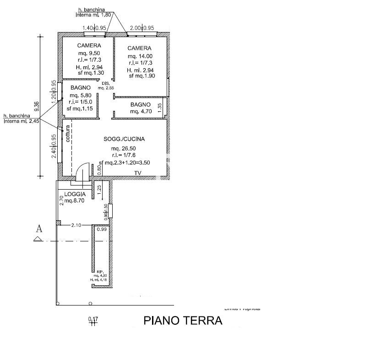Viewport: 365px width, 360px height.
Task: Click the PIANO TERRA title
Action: click(183, 320)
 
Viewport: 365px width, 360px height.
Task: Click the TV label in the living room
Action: click(137, 173)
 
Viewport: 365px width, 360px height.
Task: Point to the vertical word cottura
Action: click(68, 133)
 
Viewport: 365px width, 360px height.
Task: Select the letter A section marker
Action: click(39, 229)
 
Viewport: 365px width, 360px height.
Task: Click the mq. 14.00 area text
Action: click(140, 56)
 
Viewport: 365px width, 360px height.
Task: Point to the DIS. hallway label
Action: click(105, 83)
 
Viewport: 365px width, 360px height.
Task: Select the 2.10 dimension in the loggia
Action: click(76, 224)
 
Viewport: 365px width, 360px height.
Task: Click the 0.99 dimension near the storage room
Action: click(102, 229)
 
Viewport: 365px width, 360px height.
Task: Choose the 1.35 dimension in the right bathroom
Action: click(159, 107)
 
